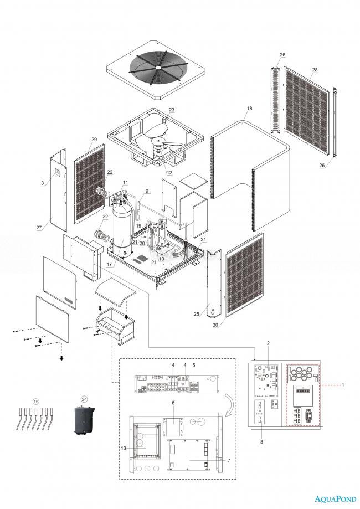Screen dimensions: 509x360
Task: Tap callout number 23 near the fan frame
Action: (x=172, y=110)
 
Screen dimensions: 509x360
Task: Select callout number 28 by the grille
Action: (x=315, y=70)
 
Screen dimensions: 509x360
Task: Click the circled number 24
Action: (x=84, y=398)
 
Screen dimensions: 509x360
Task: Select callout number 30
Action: (x=214, y=326)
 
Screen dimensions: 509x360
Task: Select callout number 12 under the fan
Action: (x=169, y=173)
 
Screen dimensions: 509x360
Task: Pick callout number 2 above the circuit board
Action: (x=268, y=343)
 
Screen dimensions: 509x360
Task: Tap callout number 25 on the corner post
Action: (x=196, y=314)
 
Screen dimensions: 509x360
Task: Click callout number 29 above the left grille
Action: (x=94, y=139)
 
